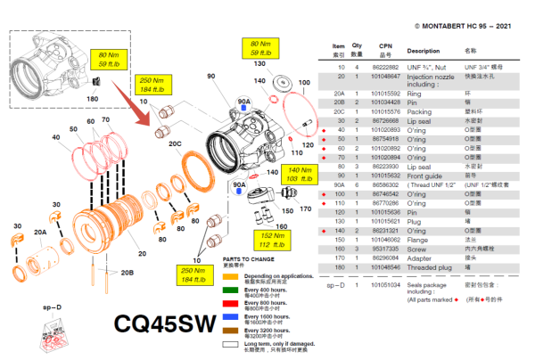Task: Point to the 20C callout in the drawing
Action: (x=174, y=143)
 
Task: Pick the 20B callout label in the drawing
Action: (x=128, y=273)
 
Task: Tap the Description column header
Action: (x=424, y=52)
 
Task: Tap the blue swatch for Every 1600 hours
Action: (x=231, y=316)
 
